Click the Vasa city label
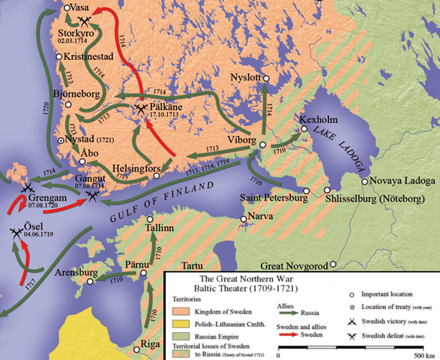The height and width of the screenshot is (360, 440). pyautogui.click(x=79, y=7)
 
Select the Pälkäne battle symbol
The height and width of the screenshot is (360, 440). pyautogui.click(x=142, y=109)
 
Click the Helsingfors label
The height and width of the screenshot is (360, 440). pyautogui.click(x=136, y=168)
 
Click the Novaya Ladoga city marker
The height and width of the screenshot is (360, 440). pyautogui.click(x=365, y=181)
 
